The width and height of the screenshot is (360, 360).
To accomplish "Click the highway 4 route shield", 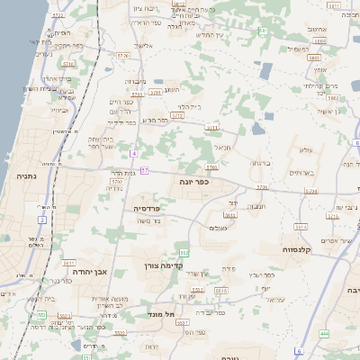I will coord(133,154).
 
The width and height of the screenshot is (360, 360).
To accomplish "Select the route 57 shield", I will coord(143,170).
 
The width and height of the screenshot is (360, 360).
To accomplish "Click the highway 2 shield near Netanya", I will coord(42,219).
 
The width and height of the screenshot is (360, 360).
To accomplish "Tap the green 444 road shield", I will coord(323,332).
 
